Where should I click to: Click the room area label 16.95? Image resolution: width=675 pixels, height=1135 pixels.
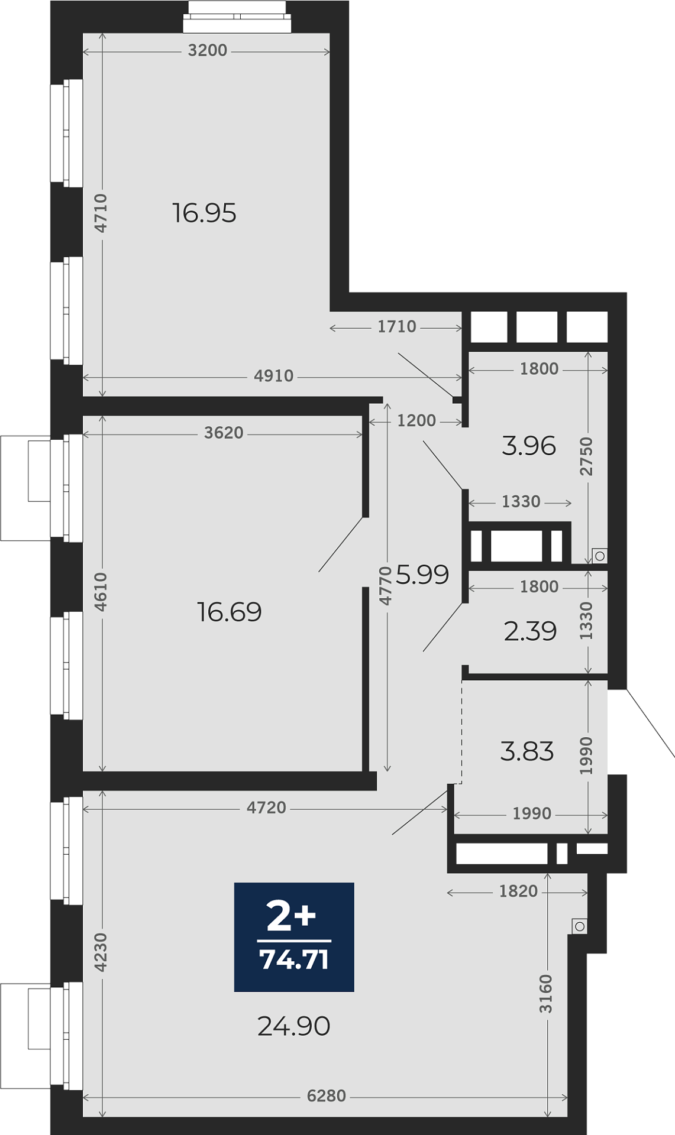204,213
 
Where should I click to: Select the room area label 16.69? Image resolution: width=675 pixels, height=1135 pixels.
229,612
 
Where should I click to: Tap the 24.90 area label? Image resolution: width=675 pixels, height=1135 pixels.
293,1026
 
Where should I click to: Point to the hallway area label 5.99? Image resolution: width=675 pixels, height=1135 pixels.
422,574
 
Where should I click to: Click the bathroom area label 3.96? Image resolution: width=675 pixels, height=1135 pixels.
529,445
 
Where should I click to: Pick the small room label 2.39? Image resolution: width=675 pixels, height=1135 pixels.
530,631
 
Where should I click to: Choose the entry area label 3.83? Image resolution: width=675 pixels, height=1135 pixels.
527,751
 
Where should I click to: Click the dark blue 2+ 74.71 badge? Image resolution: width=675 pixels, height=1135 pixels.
294,937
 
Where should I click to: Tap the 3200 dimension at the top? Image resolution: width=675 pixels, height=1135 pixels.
207,51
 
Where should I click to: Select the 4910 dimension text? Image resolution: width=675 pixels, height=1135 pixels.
273,376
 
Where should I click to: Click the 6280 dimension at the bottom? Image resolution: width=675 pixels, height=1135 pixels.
326,1096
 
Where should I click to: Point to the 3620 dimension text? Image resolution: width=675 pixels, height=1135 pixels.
224,433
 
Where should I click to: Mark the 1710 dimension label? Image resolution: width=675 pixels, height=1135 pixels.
397,326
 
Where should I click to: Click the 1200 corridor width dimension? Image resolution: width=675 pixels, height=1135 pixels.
416,420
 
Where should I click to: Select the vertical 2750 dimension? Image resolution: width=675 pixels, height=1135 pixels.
586,456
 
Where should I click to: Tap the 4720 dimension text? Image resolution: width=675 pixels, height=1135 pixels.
266,808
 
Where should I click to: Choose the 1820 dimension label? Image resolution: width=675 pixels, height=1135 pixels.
518,891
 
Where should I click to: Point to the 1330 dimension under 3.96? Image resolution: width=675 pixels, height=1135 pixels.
521,501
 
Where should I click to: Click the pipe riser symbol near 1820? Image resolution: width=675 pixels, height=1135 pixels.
580,926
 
